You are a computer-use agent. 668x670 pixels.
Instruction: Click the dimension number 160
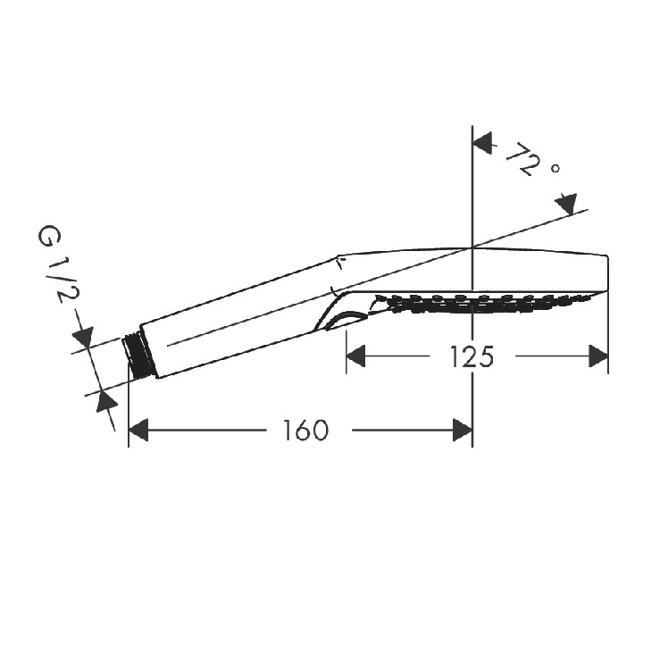[x=305, y=430]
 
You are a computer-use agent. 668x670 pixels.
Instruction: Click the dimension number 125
[x=472, y=356]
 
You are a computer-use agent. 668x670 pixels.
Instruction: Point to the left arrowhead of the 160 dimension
[x=138, y=430]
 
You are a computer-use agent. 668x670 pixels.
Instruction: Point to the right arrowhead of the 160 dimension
[x=463, y=430]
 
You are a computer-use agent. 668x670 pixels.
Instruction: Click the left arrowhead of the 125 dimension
[x=355, y=356]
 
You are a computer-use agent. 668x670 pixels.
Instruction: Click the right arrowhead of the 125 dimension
[x=598, y=356]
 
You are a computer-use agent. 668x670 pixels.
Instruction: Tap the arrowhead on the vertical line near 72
[x=482, y=142]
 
